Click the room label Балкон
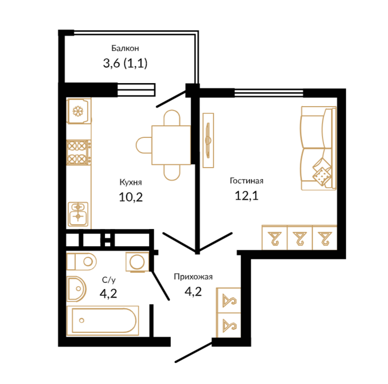125,48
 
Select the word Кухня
131,182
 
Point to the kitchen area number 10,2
131,197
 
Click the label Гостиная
246,180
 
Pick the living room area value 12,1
246,196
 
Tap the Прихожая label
193,276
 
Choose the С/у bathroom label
109,280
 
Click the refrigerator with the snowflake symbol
79,111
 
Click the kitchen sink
78,214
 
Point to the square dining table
171,145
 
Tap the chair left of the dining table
144,145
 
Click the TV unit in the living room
208,140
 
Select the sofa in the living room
319,148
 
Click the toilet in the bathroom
82,261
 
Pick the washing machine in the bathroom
137,262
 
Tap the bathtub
103,321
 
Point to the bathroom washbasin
76,289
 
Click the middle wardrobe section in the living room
300,238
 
